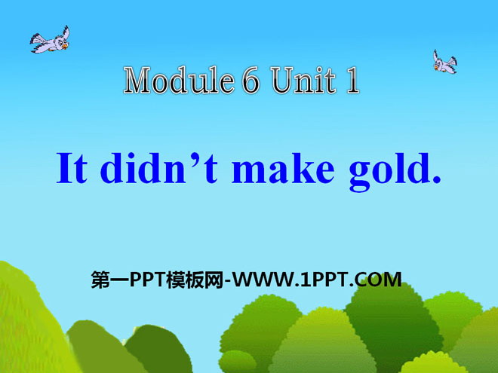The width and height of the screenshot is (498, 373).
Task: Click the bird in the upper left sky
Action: coord(51,40)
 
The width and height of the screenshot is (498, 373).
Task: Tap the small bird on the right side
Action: coord(445,62)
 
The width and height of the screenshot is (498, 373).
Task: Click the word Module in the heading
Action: coord(179,80)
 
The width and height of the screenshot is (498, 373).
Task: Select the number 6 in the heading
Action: coord(251,80)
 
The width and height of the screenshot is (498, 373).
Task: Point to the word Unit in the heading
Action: coord(304,81)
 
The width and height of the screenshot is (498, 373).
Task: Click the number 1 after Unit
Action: coord(352,81)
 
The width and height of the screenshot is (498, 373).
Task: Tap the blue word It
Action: coord(72,168)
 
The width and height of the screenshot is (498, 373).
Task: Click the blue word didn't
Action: coord(158,168)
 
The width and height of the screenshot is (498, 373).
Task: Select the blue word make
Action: coord(283,168)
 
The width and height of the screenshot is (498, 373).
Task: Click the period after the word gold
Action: coord(437,179)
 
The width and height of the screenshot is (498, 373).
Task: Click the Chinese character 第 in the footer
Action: coord(100,280)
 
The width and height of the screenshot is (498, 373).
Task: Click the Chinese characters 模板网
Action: coord(195,280)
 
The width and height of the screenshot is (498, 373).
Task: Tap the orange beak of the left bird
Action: coord(65,46)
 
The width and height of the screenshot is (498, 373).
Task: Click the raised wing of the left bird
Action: coord(66,32)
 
